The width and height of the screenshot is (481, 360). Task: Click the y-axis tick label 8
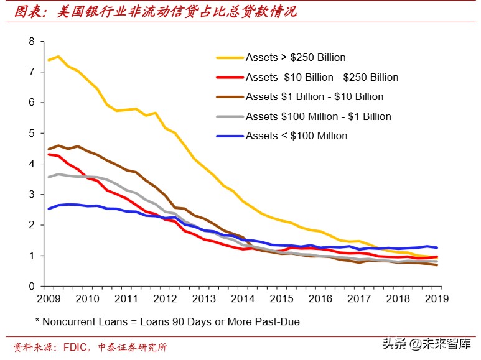point(31,42)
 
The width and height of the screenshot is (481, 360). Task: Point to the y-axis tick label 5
point(31,133)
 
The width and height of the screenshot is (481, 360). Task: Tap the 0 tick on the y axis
point(31,287)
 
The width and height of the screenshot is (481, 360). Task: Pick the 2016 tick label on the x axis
point(320,299)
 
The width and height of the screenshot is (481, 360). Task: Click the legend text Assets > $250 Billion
point(296,58)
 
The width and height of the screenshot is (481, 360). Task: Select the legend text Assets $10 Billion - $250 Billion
point(322,78)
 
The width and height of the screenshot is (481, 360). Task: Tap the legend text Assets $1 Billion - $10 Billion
point(314,97)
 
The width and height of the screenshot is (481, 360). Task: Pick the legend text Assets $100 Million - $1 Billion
point(318,116)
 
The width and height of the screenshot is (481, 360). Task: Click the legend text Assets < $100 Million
point(296,136)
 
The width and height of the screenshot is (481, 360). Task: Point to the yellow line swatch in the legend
point(229,58)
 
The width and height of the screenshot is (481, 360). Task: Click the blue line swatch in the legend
point(229,136)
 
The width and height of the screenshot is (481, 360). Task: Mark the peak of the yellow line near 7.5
point(58,57)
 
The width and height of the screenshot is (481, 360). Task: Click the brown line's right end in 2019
point(436,265)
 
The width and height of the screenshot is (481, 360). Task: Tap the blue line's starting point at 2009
point(48,209)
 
